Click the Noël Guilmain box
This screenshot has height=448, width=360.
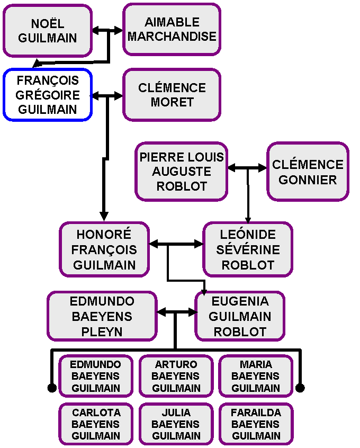tap(48, 31)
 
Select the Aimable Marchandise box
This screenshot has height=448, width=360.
tap(172, 29)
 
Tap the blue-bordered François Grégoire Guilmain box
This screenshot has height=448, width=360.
tap(48, 95)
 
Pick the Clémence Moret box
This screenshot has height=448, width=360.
tap(172, 95)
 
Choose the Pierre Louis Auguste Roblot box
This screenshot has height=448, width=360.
tap(182, 172)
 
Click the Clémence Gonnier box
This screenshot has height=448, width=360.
tap(308, 172)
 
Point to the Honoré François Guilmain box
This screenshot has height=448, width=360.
tap(104, 249)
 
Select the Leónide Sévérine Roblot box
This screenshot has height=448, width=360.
tap(248, 249)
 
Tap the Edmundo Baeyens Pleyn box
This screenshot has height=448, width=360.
tap(102, 316)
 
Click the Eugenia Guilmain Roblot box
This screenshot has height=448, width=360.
tap(240, 316)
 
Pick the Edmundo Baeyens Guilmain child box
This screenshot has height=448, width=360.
tap(96, 376)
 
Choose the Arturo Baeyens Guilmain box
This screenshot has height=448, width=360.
tap(176, 376)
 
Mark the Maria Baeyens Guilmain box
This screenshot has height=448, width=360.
tap(256, 376)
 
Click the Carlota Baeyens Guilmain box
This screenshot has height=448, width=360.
tap(96, 424)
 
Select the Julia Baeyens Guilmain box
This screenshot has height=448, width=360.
tap(176, 424)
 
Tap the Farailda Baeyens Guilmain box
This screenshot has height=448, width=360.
tap(256, 424)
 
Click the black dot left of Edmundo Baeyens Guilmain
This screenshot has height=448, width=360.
tap(52, 388)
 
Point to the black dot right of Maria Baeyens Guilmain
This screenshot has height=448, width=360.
tap(300, 388)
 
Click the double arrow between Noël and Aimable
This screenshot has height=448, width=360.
tap(107, 31)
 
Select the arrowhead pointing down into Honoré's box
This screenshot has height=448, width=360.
tap(104, 216)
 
